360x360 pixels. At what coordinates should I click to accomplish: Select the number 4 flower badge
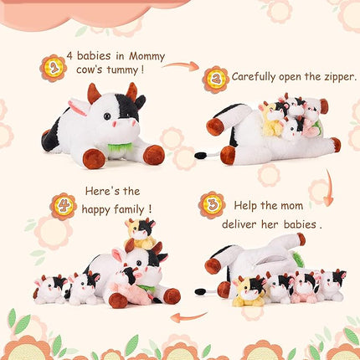click(x=63, y=205)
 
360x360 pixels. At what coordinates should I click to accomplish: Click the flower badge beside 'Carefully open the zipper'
click(x=216, y=79)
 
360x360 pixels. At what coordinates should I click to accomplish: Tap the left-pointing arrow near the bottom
click(x=188, y=317)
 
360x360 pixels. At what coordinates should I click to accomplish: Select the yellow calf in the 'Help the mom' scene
click(x=248, y=290)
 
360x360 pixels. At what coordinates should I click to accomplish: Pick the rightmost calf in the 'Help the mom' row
click(x=332, y=285)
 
